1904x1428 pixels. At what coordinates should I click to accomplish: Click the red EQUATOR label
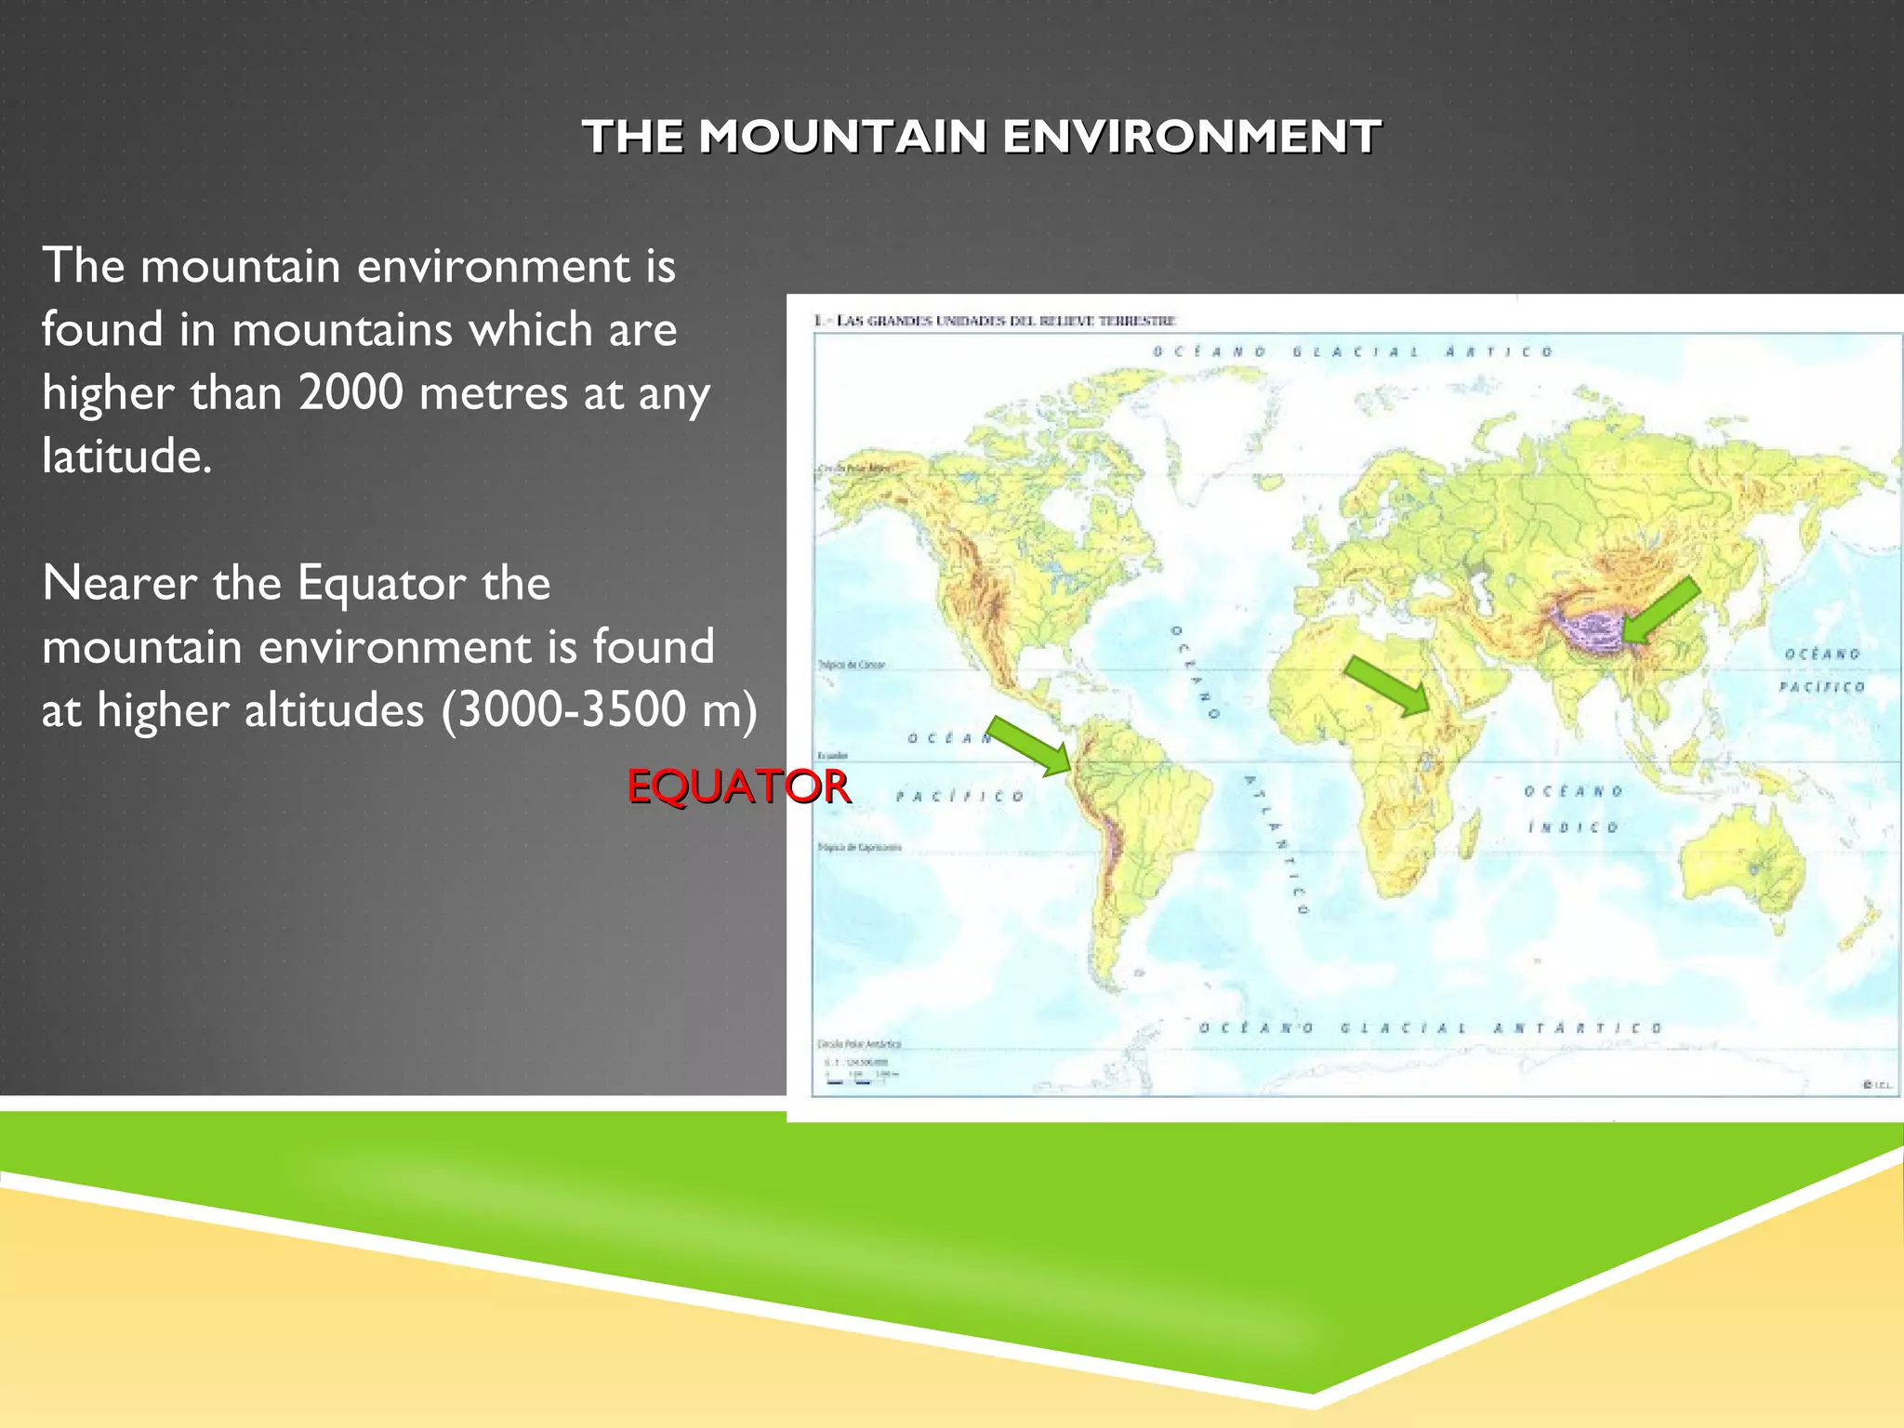[737, 787]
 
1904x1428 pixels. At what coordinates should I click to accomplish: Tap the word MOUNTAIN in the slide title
[842, 137]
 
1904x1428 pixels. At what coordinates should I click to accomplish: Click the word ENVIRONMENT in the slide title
[1191, 137]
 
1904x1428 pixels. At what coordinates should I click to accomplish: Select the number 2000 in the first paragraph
[350, 392]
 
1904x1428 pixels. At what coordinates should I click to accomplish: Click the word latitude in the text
[126, 456]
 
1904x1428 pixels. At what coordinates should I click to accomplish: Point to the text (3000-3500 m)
[600, 710]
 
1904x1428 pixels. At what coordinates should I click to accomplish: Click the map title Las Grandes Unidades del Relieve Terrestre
[995, 321]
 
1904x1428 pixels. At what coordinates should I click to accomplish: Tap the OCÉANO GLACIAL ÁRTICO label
[1353, 351]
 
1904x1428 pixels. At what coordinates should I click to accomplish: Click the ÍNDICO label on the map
[1574, 826]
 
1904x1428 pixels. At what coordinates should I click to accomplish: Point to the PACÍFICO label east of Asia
[1821, 687]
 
